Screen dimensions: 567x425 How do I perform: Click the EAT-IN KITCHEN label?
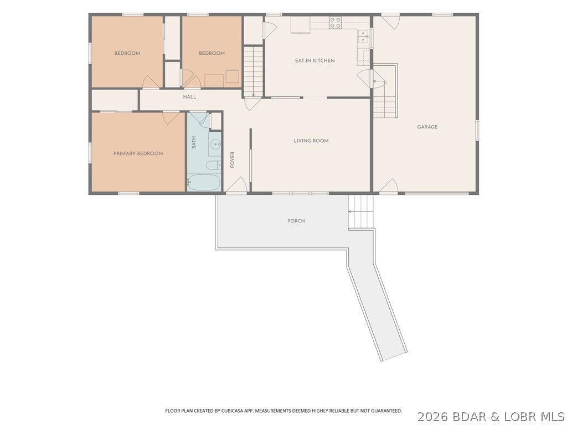315,60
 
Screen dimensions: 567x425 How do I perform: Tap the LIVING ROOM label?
311,141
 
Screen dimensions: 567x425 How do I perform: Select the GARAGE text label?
427,127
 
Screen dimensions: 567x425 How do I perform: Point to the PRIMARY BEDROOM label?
138,153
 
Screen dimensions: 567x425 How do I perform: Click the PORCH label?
296,221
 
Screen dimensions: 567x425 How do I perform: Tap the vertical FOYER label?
232,159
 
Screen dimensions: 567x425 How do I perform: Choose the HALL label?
189,97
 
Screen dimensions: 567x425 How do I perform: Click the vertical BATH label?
194,142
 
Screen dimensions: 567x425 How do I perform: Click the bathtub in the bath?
204,183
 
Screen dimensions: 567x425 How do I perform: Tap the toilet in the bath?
213,165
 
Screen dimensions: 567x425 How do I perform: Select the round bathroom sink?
216,144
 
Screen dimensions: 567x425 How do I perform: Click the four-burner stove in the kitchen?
335,23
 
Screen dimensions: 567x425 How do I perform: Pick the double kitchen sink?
363,37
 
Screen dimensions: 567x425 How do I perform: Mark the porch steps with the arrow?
361,212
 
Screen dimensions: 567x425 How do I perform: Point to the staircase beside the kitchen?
253,71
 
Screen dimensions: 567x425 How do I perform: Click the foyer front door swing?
236,185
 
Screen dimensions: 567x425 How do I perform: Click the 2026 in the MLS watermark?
433,417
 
